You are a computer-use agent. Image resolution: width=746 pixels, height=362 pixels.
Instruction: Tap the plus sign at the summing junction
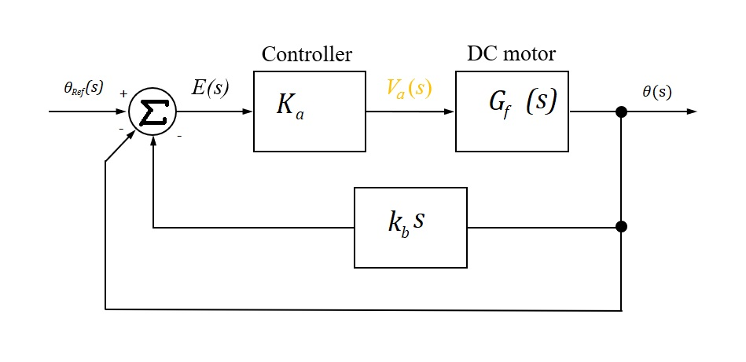coord(123,93)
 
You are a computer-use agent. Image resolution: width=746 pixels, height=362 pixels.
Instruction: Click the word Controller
coord(307,54)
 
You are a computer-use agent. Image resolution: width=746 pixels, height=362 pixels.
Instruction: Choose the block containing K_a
coord(309,111)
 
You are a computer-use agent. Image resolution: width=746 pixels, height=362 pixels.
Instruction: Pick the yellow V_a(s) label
coord(409,87)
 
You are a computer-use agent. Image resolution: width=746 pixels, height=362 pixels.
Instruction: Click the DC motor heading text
coord(511,54)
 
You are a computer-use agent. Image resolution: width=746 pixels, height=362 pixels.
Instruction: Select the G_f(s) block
coord(511,111)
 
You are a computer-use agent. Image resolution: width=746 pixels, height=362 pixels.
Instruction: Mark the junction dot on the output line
coord(621,112)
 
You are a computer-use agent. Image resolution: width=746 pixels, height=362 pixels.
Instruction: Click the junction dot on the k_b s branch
coord(621,227)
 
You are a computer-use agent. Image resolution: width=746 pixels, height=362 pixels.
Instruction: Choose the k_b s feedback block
coord(410,227)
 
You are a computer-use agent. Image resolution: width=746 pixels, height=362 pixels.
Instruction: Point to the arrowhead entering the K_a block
coord(248,112)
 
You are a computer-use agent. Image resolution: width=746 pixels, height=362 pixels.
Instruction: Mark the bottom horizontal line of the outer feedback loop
coord(362,309)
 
